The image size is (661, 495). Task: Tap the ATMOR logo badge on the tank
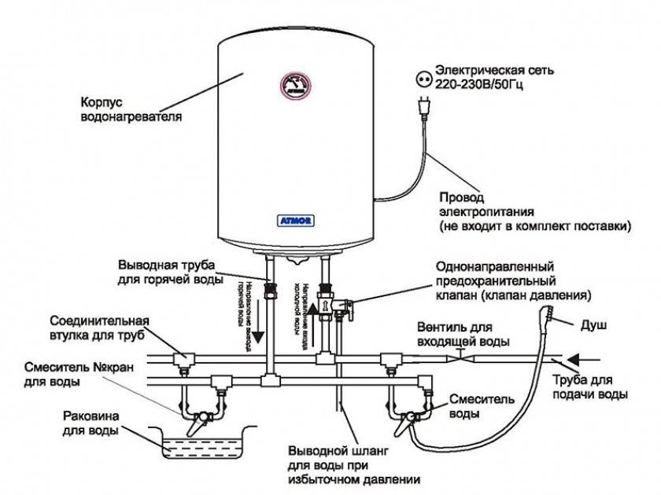pos(295,222)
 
